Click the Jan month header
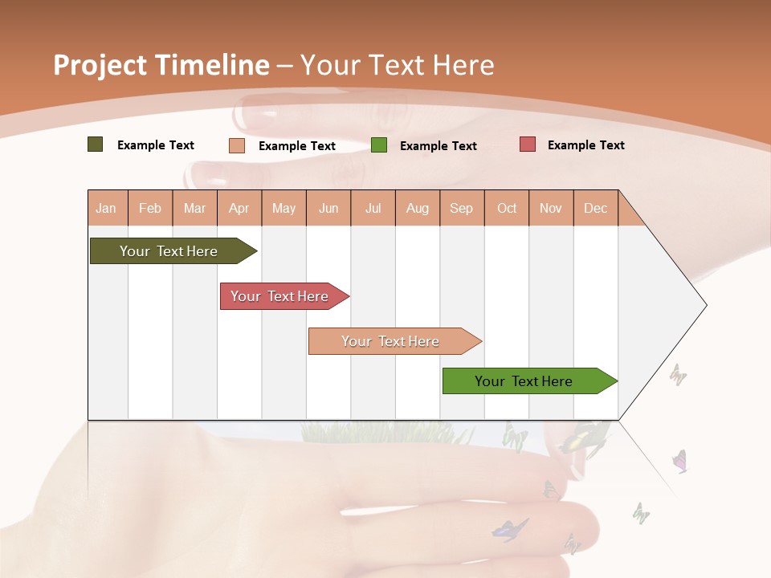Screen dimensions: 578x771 click(x=106, y=208)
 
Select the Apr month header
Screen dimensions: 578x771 click(x=239, y=208)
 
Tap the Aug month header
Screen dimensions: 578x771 click(x=417, y=208)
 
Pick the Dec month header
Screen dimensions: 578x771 click(x=595, y=208)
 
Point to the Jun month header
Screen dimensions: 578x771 click(x=328, y=208)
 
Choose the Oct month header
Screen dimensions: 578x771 click(x=507, y=208)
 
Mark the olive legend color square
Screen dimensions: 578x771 click(x=95, y=144)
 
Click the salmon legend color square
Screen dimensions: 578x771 click(x=236, y=145)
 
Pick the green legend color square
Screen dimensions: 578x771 click(x=379, y=145)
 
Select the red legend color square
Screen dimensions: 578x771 click(x=527, y=144)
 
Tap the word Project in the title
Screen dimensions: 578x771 click(x=100, y=65)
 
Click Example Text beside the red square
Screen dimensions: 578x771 click(x=585, y=144)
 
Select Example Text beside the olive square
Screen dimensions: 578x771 click(x=155, y=144)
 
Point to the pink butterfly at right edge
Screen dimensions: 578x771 click(x=679, y=461)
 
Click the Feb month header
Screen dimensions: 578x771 click(x=150, y=208)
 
